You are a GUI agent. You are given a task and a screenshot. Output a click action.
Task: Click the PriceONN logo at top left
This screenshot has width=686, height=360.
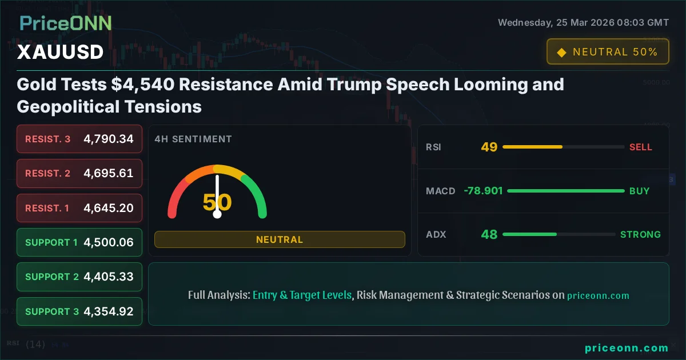click(x=66, y=23)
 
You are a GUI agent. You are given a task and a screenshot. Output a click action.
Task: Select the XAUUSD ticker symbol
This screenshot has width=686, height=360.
click(x=60, y=52)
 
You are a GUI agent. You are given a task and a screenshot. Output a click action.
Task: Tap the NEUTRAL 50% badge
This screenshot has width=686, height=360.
click(x=607, y=52)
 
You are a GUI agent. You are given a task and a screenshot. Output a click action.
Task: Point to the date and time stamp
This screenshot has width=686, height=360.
click(x=583, y=23)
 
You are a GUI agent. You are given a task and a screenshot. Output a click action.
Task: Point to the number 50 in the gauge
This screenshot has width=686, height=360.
click(x=217, y=203)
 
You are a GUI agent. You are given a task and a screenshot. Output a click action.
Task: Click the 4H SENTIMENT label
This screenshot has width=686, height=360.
click(x=193, y=139)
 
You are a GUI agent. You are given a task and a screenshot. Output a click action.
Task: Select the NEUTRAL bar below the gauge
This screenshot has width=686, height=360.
click(x=280, y=239)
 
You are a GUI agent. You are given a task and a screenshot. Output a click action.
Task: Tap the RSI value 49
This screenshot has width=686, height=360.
click(x=489, y=147)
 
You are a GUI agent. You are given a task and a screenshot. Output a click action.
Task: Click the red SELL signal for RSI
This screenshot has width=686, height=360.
click(x=640, y=147)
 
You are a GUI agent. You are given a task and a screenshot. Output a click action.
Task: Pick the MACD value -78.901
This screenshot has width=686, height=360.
click(x=483, y=191)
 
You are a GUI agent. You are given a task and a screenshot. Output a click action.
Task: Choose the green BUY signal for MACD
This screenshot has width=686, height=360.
click(x=639, y=191)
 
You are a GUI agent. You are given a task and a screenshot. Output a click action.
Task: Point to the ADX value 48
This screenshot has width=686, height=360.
click(x=489, y=234)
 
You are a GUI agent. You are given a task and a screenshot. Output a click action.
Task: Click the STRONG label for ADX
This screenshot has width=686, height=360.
click(x=640, y=234)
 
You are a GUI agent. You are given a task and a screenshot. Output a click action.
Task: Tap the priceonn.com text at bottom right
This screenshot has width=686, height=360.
click(x=627, y=348)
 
